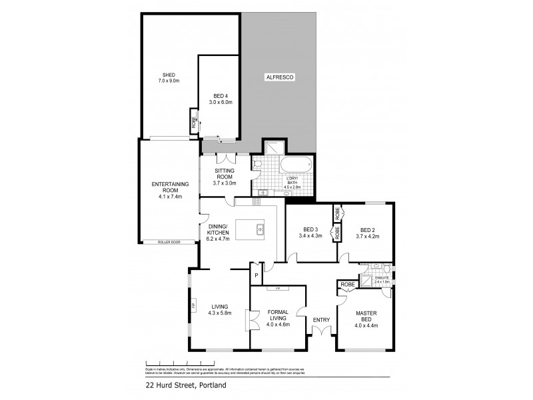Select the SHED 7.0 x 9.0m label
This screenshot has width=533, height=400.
[x=169, y=77]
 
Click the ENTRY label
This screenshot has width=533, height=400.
[x=321, y=320]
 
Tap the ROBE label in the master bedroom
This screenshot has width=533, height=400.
[x=347, y=285]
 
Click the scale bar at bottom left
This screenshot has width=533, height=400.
[x=169, y=363]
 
